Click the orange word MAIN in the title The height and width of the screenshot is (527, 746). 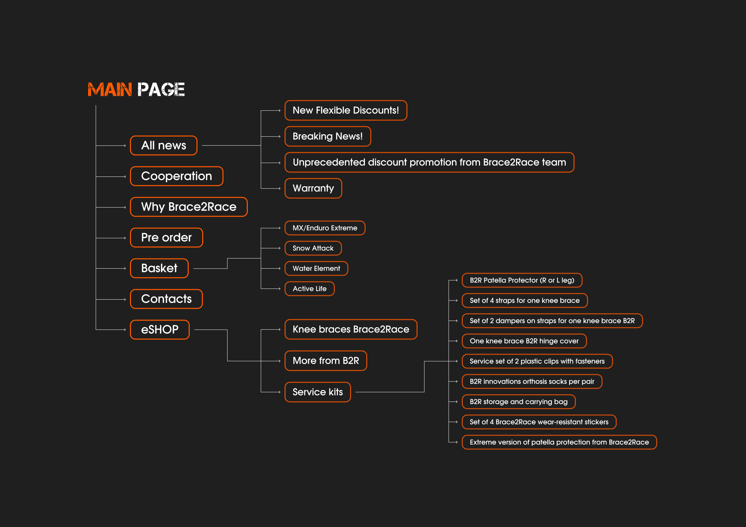[x=110, y=90]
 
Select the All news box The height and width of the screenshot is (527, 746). [x=164, y=145]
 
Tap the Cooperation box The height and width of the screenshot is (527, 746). [x=177, y=176]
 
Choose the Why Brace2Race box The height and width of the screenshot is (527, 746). [x=189, y=207]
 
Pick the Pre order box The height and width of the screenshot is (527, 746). [x=166, y=238]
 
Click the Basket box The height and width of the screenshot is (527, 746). [x=159, y=268]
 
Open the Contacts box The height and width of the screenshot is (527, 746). [x=166, y=299]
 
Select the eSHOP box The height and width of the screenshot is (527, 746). [x=160, y=330]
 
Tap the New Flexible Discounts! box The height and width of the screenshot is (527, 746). [x=346, y=110]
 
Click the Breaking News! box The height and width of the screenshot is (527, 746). [x=328, y=136]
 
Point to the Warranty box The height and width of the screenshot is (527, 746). [x=313, y=188]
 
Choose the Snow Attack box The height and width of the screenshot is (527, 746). [x=313, y=248]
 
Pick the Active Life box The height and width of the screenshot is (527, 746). [x=310, y=289]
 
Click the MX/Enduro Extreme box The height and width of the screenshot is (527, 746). [x=325, y=228]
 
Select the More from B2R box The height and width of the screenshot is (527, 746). [x=326, y=361]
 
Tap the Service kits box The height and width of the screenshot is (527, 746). [x=318, y=392]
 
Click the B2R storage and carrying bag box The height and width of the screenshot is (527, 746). [x=518, y=402]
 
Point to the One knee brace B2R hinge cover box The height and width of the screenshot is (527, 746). [x=524, y=341]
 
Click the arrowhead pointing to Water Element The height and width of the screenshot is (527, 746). [x=279, y=269]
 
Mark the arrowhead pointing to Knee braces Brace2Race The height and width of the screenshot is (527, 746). [x=279, y=330]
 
